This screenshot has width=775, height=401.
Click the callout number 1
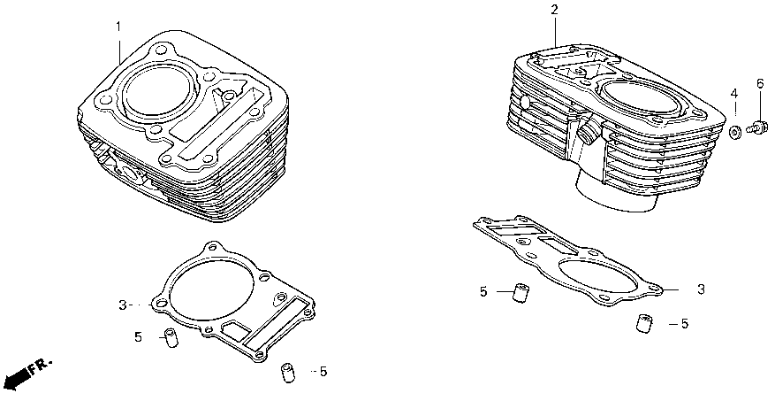coord(117,26)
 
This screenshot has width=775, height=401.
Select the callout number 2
coord(554,10)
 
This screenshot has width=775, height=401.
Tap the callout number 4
coord(733,95)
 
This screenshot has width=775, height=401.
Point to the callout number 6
coord(758,84)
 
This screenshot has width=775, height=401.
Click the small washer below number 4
coord(734,133)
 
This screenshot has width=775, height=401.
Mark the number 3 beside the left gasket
coord(124,305)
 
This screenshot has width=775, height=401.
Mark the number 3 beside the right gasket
coord(701,289)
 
